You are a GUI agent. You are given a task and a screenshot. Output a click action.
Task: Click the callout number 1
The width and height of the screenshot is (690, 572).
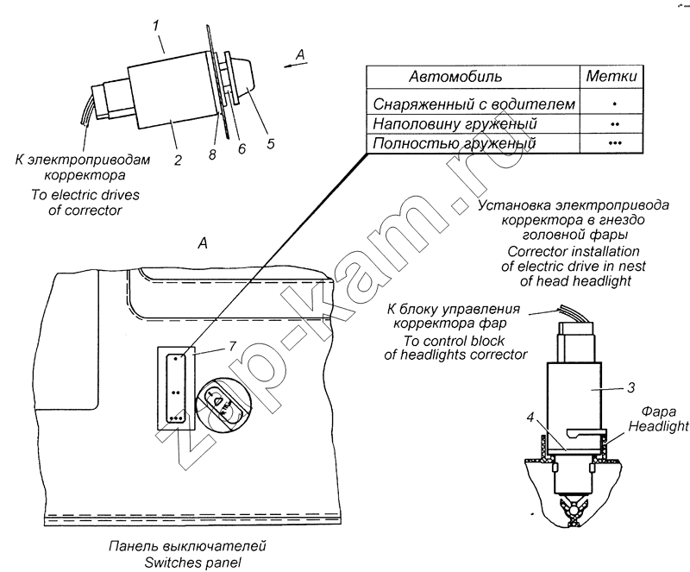coord(156,26)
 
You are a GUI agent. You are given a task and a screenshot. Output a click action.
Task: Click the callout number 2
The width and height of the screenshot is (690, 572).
coord(178,160)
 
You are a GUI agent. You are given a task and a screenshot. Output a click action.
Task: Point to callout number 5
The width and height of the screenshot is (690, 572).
coord(271,143)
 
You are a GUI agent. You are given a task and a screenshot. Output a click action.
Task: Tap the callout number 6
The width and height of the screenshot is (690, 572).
coord(241,149)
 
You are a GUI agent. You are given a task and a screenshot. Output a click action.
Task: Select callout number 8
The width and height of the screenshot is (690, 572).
coord(212,154)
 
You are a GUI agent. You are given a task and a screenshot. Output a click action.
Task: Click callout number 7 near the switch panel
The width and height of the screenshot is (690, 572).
coord(232,346)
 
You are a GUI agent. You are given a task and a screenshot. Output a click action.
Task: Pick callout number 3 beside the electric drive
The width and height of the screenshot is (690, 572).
coord(630,387)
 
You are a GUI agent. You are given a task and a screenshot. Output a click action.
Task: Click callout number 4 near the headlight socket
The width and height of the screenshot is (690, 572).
coord(530,417)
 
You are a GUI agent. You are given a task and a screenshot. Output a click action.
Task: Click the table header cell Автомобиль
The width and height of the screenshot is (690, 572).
coord(455,77)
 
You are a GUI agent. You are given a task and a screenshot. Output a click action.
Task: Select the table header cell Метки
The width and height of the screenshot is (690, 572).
coord(612,76)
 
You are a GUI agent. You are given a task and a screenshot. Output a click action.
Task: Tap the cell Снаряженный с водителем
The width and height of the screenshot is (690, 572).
coord(474,104)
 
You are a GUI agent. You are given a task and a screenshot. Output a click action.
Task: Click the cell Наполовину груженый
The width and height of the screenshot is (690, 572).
coord(455,123)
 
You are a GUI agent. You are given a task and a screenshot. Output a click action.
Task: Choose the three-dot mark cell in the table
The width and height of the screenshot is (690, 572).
coord(615,143)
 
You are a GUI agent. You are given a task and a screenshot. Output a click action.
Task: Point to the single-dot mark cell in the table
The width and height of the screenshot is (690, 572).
coord(615,104)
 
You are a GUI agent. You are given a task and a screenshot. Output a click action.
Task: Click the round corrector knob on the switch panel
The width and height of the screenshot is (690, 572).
coord(223,405)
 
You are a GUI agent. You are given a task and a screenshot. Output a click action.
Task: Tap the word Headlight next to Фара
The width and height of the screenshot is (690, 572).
coord(658,426)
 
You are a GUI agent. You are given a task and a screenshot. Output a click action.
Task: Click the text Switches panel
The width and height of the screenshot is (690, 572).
coord(192,563)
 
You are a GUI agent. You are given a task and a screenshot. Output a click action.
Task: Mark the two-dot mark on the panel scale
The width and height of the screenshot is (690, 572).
coord(176,392)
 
